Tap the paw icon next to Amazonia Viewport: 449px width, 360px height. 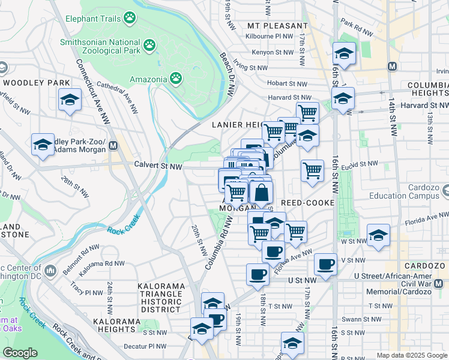[175, 78]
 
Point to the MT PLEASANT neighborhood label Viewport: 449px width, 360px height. [277, 26]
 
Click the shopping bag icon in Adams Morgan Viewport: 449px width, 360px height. [262, 193]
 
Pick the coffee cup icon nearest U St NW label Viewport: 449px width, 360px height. [258, 274]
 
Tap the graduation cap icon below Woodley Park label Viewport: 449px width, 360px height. [70, 100]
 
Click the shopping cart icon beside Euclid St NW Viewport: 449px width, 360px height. [312, 171]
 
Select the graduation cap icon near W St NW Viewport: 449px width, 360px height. [378, 235]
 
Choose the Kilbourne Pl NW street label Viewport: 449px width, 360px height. [268, 37]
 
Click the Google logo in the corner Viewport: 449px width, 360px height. [20, 352]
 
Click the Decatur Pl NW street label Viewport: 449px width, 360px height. [145, 346]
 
